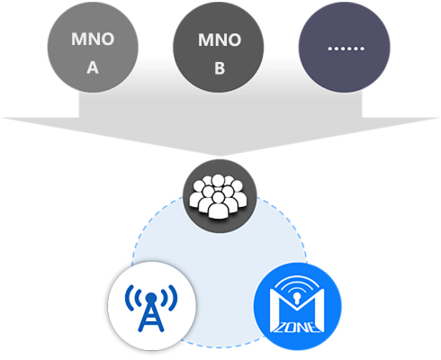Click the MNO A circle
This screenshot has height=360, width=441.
tap(93, 47)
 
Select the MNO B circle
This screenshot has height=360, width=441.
tap(219, 47)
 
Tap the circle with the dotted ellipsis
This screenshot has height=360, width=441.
tap(345, 47)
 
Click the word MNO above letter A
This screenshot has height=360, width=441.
tap(93, 39)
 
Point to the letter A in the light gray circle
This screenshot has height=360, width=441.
tap(93, 67)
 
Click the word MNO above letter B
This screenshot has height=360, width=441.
tap(220, 40)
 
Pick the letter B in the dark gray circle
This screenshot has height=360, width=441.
tap(220, 68)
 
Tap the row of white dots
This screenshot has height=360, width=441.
tap(346, 49)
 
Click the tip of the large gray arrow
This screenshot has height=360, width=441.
tap(220, 156)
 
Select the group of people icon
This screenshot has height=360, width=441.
tap(218, 196)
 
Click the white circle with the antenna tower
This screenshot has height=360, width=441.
tap(152, 305)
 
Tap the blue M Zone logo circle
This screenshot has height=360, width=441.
tap(297, 306)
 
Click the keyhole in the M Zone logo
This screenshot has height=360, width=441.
tap(297, 299)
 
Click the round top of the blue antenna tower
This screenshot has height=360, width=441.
tap(151, 298)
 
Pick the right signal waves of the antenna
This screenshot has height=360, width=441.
tap(169, 298)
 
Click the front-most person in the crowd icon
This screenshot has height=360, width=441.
tap(218, 205)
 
